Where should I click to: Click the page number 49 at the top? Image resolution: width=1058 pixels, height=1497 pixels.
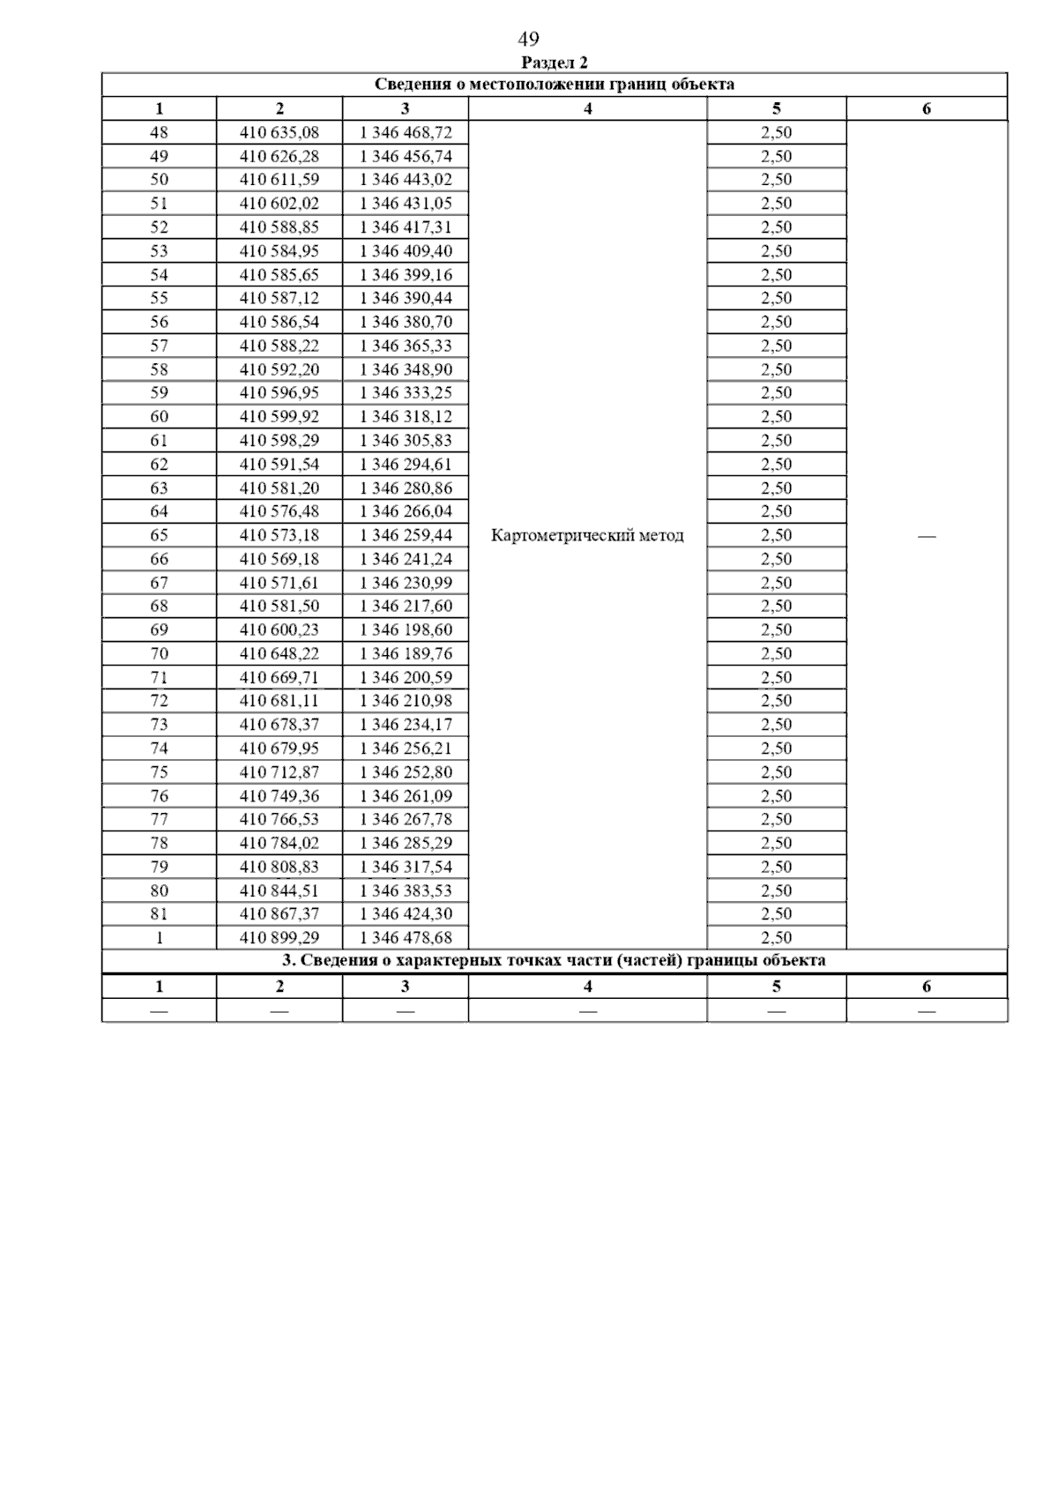coord(528,39)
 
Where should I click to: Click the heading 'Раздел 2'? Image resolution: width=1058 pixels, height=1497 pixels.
coord(555,63)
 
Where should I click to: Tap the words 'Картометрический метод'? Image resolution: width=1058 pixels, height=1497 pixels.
coord(586,535)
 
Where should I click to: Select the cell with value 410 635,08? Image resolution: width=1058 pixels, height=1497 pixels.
coord(279,133)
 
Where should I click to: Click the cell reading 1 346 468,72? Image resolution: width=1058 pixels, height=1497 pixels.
coord(406,133)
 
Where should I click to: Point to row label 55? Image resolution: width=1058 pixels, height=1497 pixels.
coord(159,299)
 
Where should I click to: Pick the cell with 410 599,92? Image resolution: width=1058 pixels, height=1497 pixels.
coord(279,417)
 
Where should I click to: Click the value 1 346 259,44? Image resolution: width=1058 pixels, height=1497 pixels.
coord(406,535)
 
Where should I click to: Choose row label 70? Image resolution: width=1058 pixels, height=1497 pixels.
coord(159,653)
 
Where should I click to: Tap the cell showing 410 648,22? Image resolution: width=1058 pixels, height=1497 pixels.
coord(279,653)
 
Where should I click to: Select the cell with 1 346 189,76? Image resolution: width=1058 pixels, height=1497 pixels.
coord(406,653)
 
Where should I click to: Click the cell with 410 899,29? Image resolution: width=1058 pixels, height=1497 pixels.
coord(279,937)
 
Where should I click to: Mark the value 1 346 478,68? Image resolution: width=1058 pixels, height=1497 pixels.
coord(406,937)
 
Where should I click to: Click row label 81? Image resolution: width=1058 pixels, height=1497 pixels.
coord(159,913)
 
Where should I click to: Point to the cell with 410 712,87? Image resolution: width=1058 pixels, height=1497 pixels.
coord(279,772)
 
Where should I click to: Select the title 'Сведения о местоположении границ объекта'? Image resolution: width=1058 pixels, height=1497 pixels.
coord(555,85)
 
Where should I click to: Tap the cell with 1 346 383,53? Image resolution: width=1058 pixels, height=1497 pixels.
coord(406,890)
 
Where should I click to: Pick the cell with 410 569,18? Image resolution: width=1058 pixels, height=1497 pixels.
coord(279,559)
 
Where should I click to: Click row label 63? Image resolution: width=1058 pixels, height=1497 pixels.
coord(159,488)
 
